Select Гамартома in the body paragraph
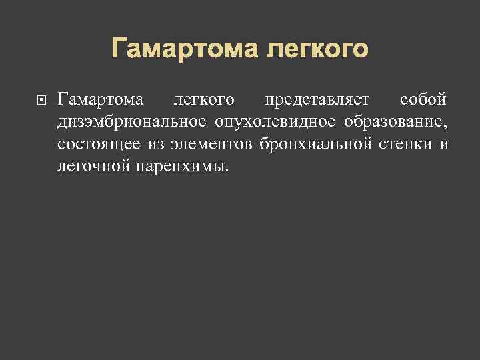(100, 100)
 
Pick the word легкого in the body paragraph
(203, 100)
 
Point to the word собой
(423, 100)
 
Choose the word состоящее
(93, 143)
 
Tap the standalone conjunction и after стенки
(444, 144)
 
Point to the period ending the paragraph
(226, 169)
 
